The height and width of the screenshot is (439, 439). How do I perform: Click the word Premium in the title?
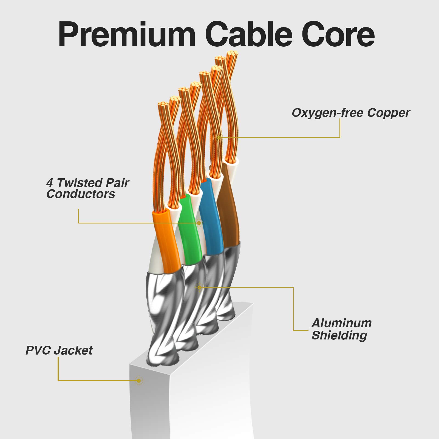pos(127,35)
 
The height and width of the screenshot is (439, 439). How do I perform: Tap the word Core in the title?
pos(338,35)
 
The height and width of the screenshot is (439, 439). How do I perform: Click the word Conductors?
pos(81,194)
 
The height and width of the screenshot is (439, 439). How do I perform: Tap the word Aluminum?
pos(342,323)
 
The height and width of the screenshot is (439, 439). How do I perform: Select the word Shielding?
pos(339,335)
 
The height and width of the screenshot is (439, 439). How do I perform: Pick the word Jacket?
pos(73,350)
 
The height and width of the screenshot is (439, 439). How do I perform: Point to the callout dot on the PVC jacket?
pos(139,381)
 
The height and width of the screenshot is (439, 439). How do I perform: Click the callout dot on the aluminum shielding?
pos(200,287)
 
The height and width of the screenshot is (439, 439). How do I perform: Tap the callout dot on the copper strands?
pos(219,137)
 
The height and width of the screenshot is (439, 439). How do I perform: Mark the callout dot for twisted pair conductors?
pos(199,223)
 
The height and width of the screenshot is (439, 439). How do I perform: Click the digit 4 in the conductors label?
pos(50,183)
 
